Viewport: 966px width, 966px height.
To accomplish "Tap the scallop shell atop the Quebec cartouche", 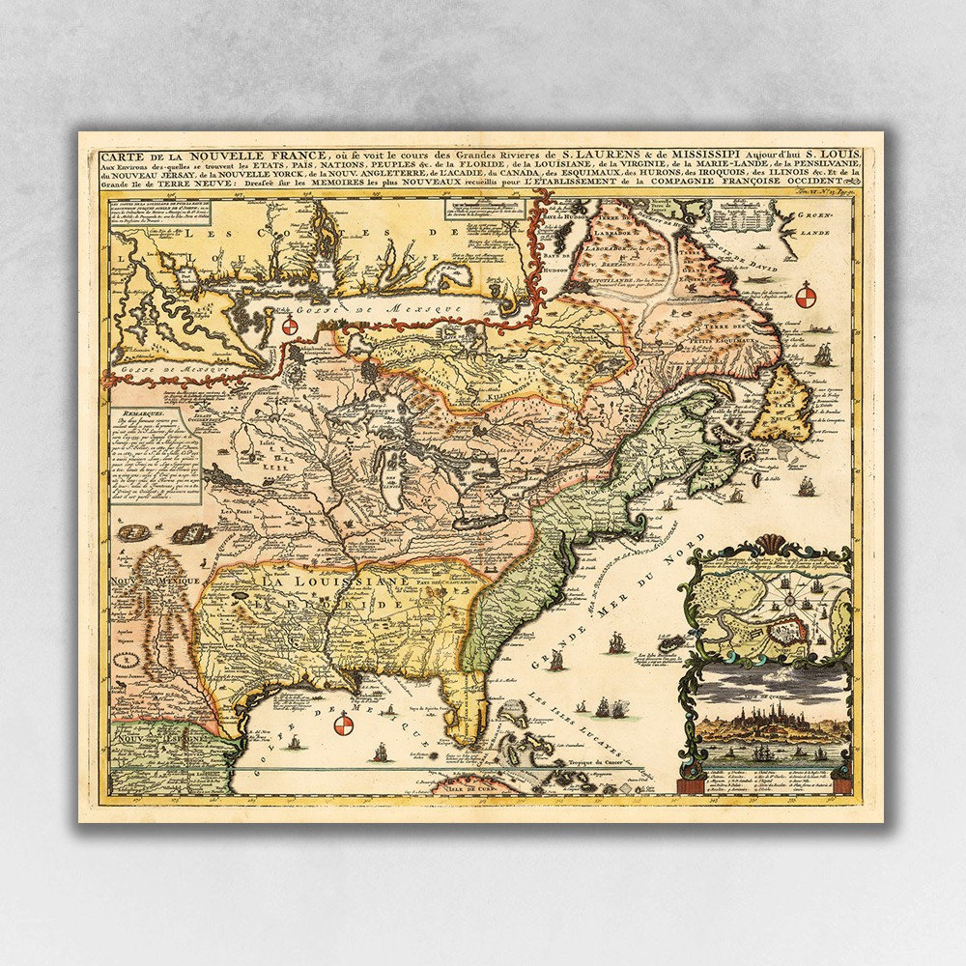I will point(767,543).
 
